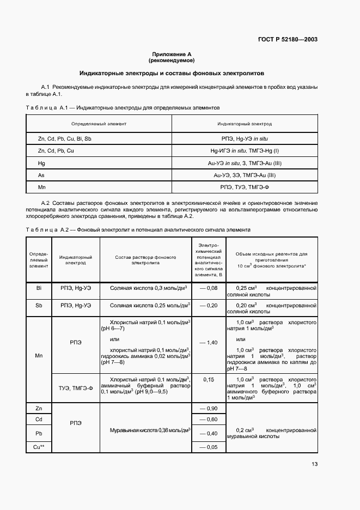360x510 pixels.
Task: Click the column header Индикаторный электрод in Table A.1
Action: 245,124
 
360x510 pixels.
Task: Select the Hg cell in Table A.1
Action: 41,163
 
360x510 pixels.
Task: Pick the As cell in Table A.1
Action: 41,175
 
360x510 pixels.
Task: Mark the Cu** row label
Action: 39,447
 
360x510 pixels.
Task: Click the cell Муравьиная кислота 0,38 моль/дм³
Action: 150,430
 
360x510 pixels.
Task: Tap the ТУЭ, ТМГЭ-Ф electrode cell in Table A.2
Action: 76,387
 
